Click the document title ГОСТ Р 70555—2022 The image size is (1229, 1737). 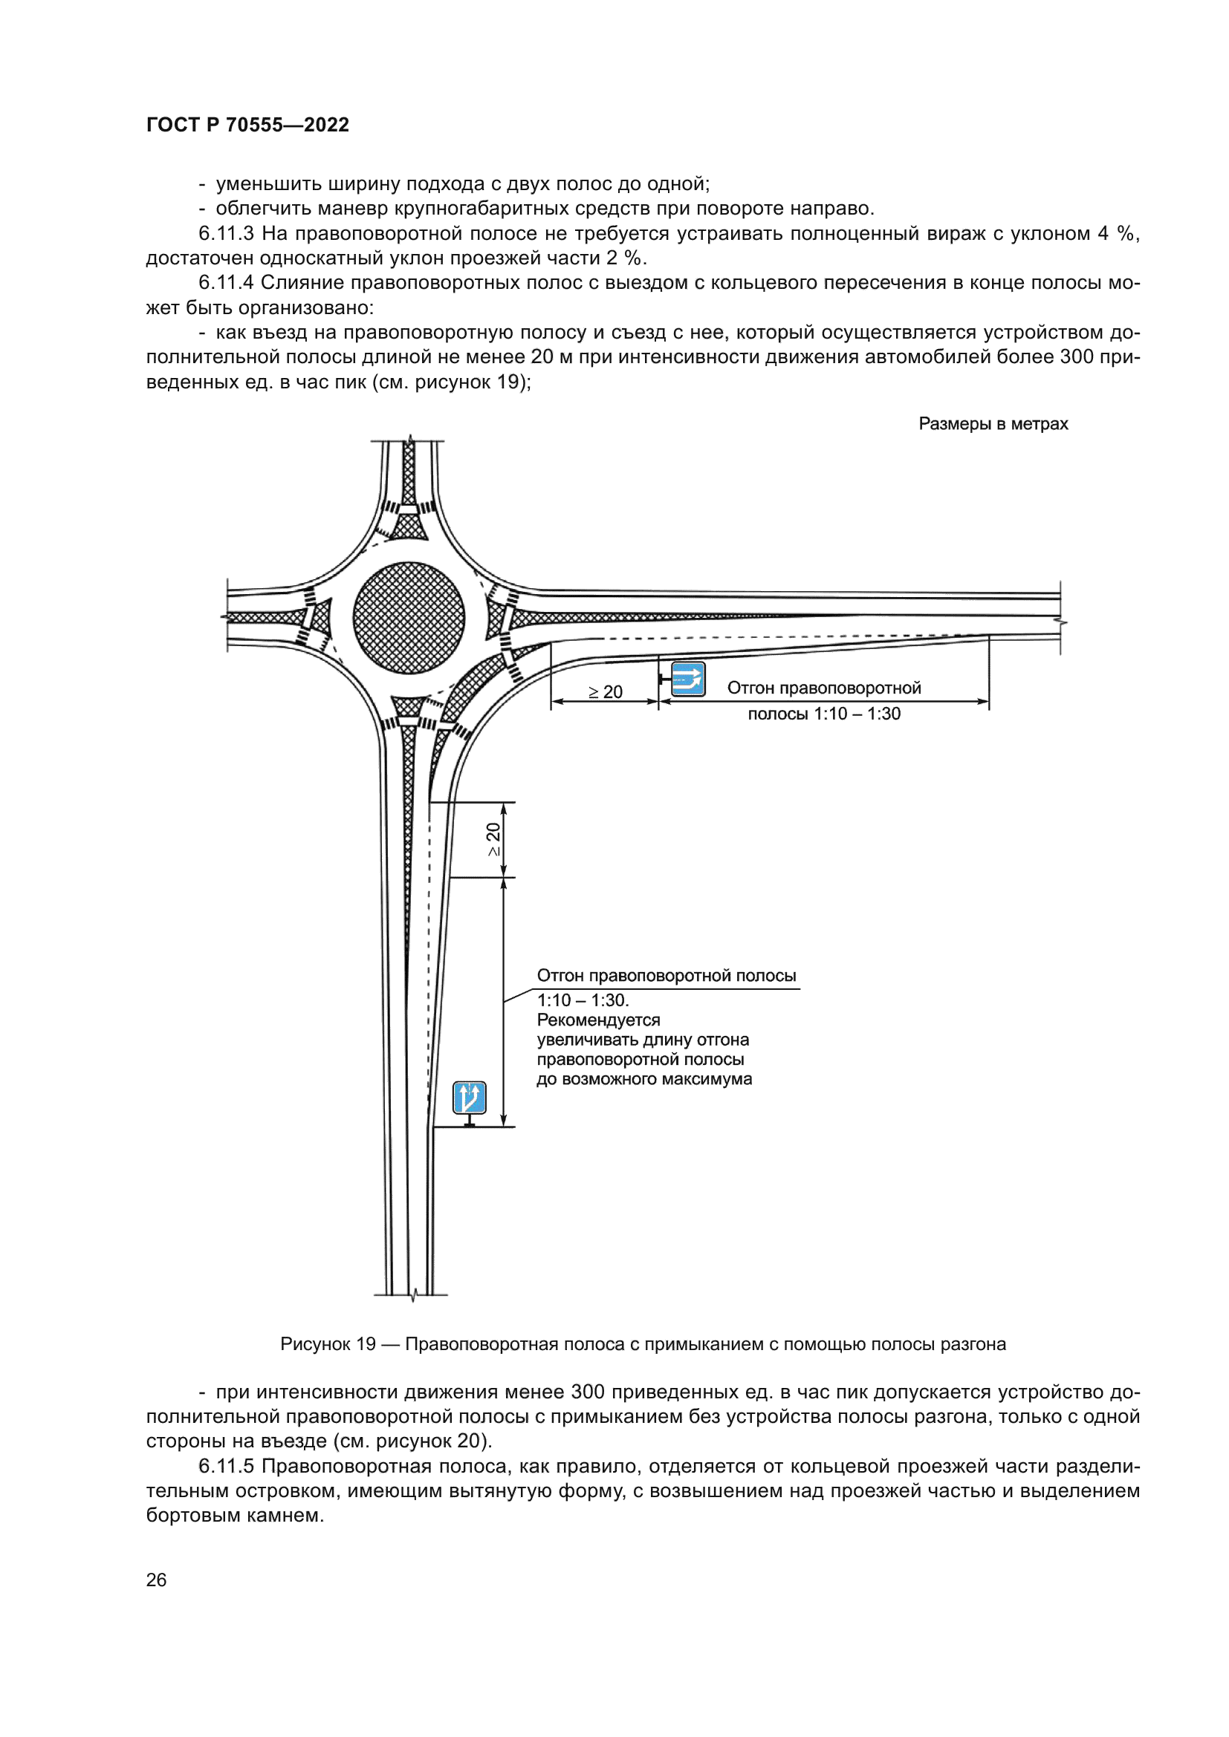click(247, 125)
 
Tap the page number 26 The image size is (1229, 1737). click(156, 1580)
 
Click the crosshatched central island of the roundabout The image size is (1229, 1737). click(409, 618)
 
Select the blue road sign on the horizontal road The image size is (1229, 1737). click(688, 680)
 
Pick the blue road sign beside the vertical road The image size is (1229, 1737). click(469, 1098)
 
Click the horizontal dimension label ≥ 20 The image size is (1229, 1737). click(606, 691)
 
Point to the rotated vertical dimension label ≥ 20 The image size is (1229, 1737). click(493, 839)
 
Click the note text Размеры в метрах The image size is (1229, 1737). click(993, 423)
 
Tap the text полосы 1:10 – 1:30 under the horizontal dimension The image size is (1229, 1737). click(823, 714)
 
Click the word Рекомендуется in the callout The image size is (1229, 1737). click(599, 1020)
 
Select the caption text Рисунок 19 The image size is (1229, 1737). click(328, 1343)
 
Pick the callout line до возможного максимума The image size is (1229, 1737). click(644, 1079)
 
